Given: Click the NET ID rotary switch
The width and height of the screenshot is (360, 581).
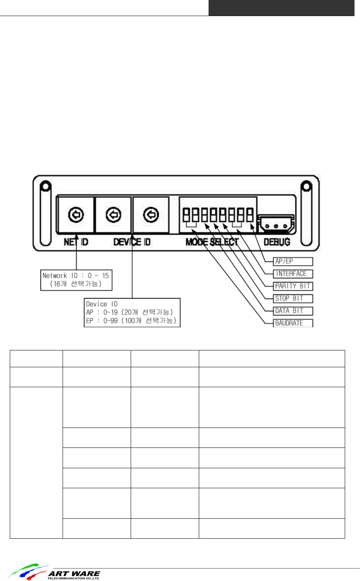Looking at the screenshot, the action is pos(76,215).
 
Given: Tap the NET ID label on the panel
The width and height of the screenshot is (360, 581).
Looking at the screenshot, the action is pos(76,242).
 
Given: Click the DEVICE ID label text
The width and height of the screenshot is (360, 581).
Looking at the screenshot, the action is pos(132,242).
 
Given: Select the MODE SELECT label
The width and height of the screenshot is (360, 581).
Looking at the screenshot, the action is pos(212,242).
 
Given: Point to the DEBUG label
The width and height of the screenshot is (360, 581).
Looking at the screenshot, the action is pos(277,242).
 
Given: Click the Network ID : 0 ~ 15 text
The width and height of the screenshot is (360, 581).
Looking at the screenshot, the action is pos(76,276).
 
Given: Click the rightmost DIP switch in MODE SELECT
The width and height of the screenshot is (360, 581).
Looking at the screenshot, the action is pos(249,215).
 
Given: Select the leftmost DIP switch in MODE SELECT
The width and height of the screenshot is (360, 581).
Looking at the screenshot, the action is pos(186,215).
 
